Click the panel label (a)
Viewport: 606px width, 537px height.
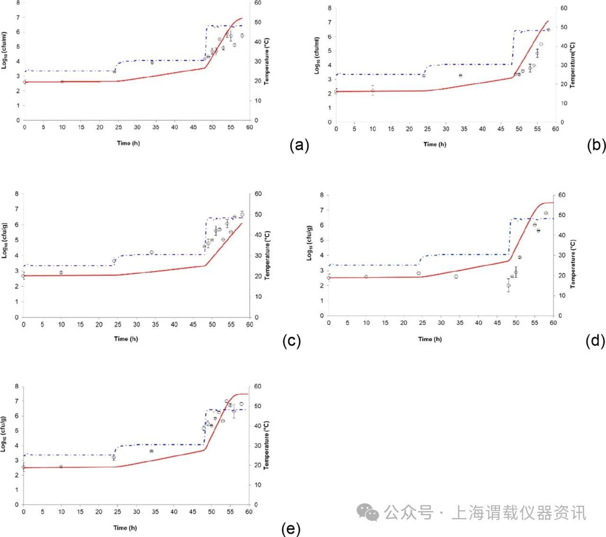(299, 145)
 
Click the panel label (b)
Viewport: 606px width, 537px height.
(596, 145)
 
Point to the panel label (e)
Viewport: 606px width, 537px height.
(291, 528)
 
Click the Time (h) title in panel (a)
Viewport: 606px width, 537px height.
(128, 143)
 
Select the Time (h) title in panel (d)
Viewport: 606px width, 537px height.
(430, 339)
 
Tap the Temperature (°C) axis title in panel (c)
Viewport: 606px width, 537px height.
(267, 255)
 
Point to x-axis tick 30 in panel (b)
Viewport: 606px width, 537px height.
(446, 129)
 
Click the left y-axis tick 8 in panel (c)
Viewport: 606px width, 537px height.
(17, 194)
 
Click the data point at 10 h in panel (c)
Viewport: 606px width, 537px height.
(61, 273)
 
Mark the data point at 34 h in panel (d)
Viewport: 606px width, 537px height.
(456, 276)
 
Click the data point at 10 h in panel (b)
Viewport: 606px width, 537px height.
(373, 90)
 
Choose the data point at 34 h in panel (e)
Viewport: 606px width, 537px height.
(151, 451)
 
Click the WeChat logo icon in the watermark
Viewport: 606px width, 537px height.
(368, 512)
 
